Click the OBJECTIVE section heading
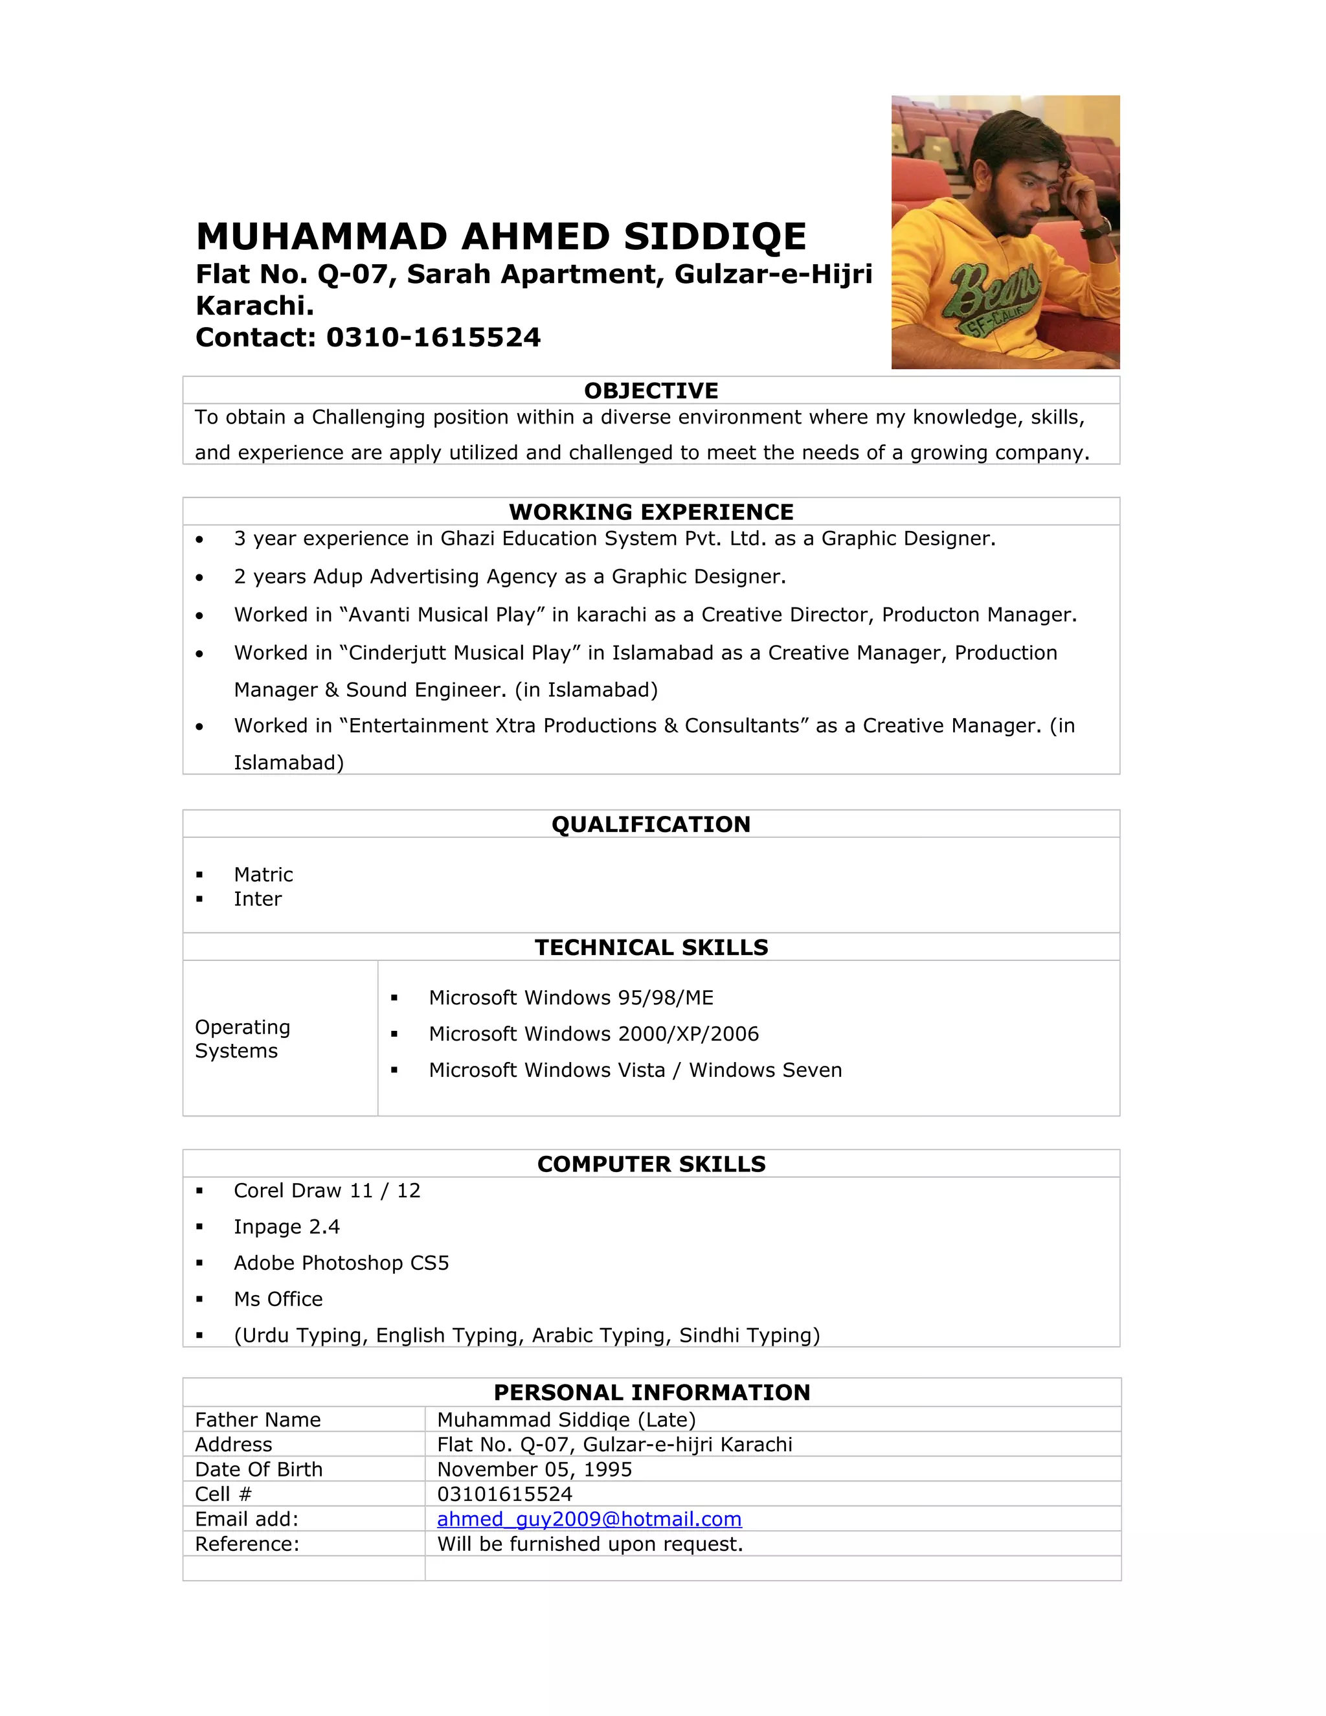(651, 390)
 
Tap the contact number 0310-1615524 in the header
(433, 337)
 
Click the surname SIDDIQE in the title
(715, 236)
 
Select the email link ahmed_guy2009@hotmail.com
(589, 1518)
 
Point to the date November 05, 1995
(534, 1469)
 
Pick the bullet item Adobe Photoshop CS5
(341, 1263)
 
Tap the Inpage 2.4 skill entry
(287, 1226)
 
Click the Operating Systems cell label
(242, 1039)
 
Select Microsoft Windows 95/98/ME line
(571, 998)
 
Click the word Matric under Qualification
(263, 874)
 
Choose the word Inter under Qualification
(258, 899)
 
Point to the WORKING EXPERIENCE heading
(651, 512)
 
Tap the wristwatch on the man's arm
(1094, 229)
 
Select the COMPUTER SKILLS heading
(651, 1164)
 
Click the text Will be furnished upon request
(589, 1544)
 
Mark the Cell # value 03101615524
(504, 1494)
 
